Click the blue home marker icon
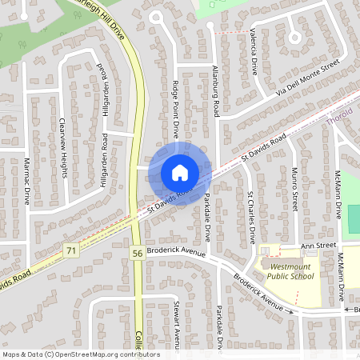coord(180,172)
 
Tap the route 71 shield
coord(72,250)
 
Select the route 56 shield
coord(138,253)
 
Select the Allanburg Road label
coord(215,90)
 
